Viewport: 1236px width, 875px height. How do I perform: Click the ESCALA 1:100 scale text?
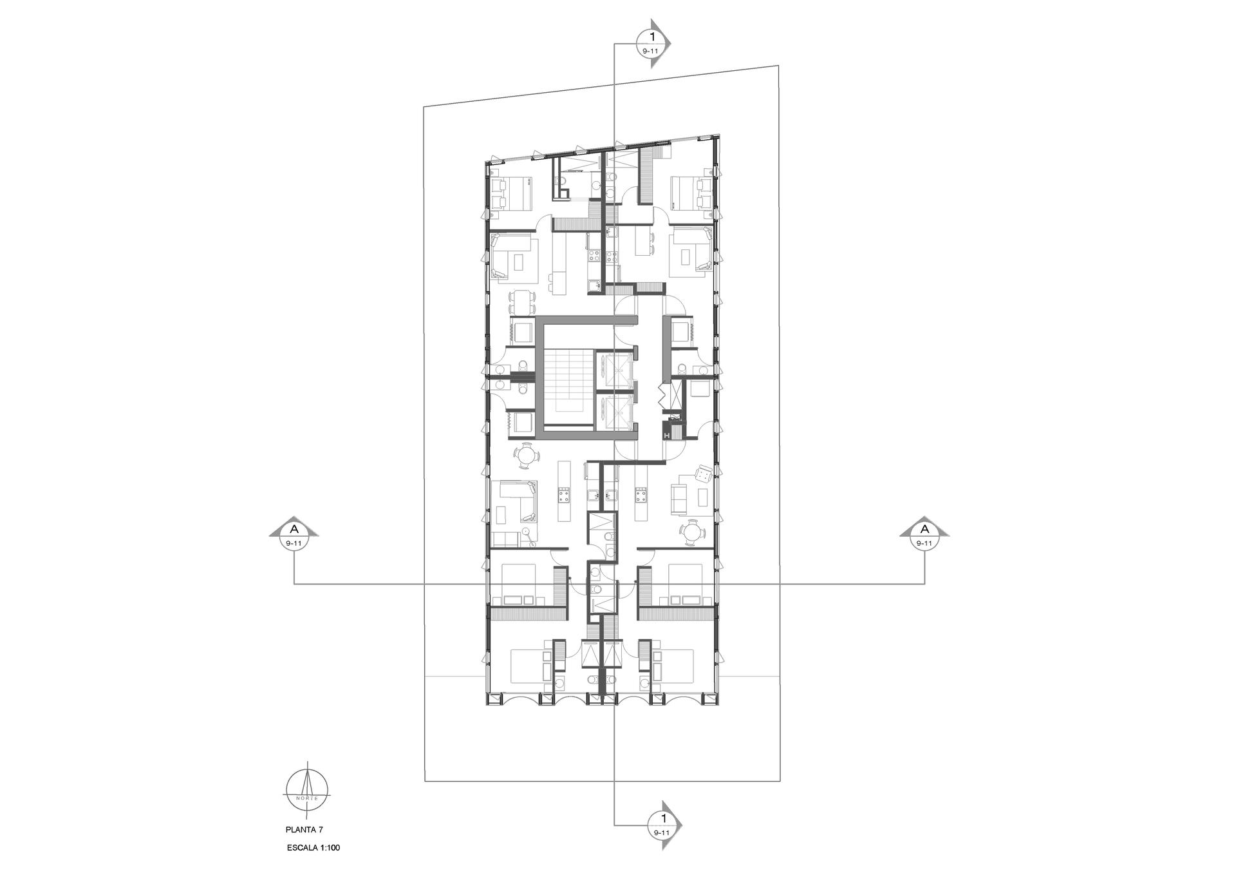pyautogui.click(x=314, y=849)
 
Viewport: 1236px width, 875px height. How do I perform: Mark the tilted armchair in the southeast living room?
pyautogui.click(x=704, y=476)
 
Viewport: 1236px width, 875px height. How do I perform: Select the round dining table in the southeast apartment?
pyautogui.click(x=693, y=532)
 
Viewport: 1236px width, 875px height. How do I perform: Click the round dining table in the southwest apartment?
pyautogui.click(x=527, y=457)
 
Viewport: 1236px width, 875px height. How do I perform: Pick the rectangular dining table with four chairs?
pyautogui.click(x=523, y=302)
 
